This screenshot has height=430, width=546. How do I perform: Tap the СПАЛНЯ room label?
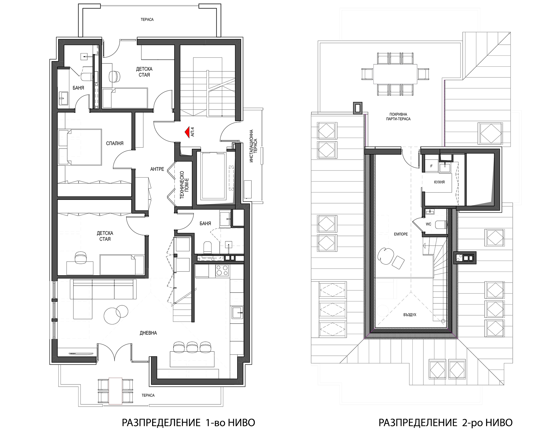point(115,143)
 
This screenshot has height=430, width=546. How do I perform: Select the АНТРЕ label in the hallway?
point(157,169)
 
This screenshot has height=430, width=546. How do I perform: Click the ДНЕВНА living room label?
point(148,333)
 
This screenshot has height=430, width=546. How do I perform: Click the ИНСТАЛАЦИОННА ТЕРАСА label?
point(253,146)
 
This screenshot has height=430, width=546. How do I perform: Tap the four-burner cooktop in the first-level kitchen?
point(222,270)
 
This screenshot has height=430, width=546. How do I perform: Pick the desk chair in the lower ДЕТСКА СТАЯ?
point(80,258)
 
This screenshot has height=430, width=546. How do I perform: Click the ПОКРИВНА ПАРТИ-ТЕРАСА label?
point(398,117)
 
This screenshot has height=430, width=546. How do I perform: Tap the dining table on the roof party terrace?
point(395,74)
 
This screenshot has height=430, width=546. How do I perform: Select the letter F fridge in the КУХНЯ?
point(431,166)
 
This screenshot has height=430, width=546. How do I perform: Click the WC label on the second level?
point(428,224)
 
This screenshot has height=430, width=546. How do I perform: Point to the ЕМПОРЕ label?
point(401,234)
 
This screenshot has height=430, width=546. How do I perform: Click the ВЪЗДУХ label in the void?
point(410,315)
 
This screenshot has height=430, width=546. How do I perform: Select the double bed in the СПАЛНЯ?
point(80,147)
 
